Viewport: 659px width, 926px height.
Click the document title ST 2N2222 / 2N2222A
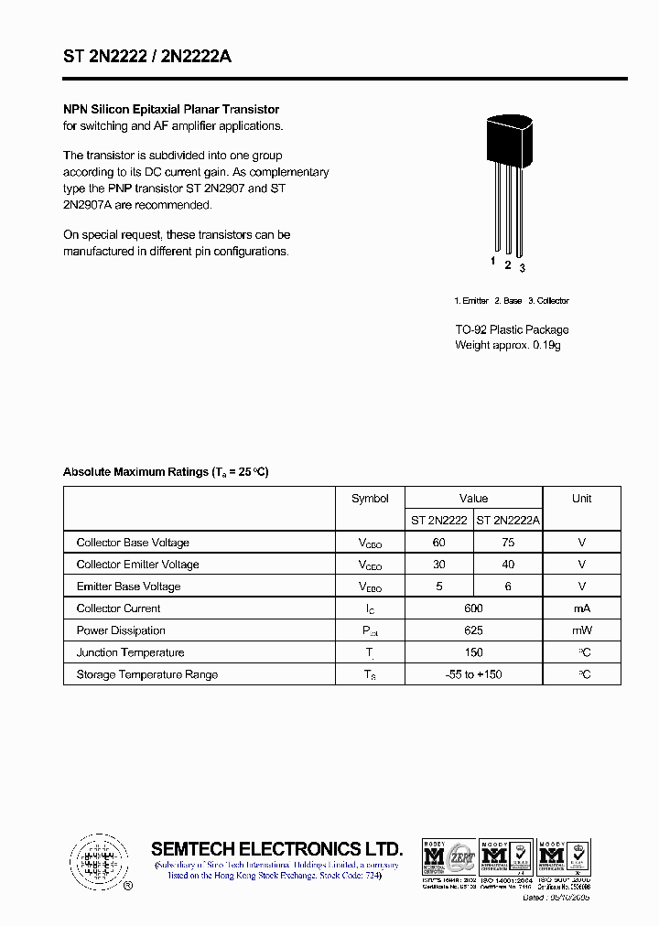click(x=147, y=57)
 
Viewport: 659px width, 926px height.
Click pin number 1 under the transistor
click(x=492, y=261)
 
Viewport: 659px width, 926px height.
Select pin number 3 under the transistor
click(x=522, y=267)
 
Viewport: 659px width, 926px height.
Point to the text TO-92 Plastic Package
click(x=512, y=329)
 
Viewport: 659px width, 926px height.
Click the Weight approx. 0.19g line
click(x=507, y=345)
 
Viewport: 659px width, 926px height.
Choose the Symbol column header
click(x=370, y=499)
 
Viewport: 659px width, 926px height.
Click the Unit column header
click(x=581, y=499)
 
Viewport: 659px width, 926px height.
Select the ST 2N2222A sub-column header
click(x=508, y=520)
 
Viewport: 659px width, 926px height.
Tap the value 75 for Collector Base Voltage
click(x=508, y=543)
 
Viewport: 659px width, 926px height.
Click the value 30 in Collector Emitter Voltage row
click(x=438, y=565)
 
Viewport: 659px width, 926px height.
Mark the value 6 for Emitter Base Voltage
click(x=508, y=587)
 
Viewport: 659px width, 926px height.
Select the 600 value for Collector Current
click(x=473, y=608)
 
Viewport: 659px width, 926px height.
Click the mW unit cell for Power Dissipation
click(x=581, y=630)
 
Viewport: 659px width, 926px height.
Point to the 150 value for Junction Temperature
click(x=473, y=652)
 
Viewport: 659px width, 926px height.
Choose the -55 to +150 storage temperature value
click(x=473, y=674)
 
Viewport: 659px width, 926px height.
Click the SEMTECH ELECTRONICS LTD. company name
click(x=276, y=848)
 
